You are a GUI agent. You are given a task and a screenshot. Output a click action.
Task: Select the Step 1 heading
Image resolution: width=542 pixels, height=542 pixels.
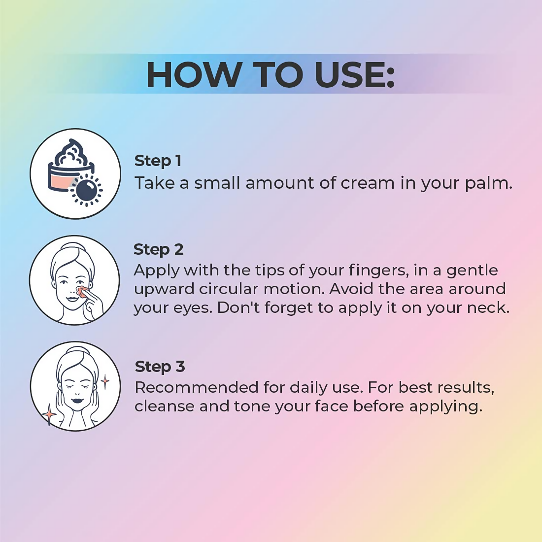158,161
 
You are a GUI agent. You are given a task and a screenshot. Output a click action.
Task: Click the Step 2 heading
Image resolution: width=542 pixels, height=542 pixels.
159,249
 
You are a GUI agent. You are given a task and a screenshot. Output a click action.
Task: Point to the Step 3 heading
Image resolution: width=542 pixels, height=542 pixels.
160,367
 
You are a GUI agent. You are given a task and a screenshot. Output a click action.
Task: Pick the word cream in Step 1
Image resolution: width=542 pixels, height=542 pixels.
368,184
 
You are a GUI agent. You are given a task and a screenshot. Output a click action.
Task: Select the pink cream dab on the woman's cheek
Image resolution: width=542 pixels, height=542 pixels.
82,291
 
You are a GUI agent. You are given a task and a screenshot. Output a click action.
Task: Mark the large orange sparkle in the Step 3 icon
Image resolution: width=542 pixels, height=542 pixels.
49,414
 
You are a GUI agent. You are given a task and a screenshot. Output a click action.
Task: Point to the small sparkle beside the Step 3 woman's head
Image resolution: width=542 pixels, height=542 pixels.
105,381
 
